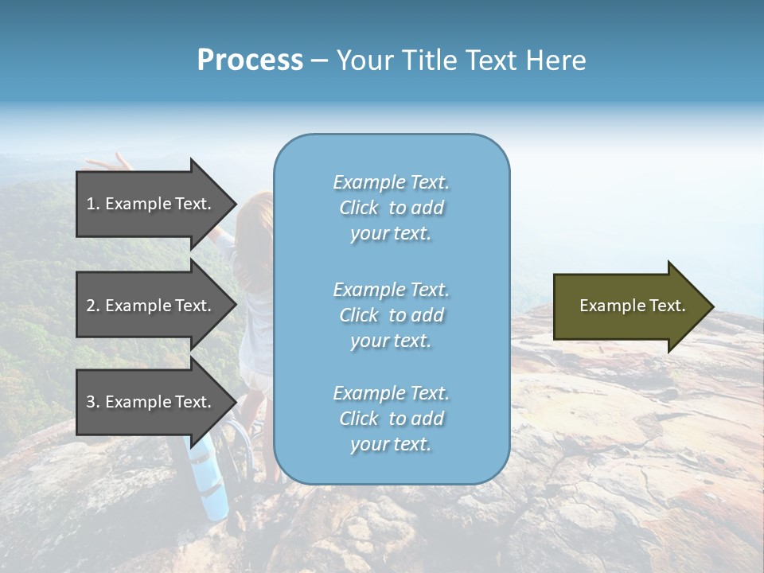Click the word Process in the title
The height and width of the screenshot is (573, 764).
[x=250, y=60]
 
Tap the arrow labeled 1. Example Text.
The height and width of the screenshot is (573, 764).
[x=151, y=204]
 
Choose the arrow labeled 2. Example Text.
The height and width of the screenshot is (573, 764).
[x=151, y=306]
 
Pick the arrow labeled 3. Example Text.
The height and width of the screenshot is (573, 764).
[x=151, y=402]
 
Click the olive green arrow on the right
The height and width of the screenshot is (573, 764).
[x=629, y=306]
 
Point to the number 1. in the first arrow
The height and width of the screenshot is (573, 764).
[x=93, y=204]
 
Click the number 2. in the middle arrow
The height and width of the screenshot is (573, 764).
[x=93, y=306]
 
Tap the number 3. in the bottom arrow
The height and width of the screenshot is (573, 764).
[x=93, y=402]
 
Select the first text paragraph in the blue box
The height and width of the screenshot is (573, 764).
[x=391, y=208]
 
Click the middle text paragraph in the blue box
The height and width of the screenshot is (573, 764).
[x=391, y=315]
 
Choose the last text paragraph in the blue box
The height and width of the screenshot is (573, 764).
[x=391, y=419]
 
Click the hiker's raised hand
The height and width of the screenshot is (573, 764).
[x=111, y=162]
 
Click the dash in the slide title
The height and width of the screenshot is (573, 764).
[x=319, y=60]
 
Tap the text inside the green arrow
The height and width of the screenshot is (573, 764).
[x=632, y=306]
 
